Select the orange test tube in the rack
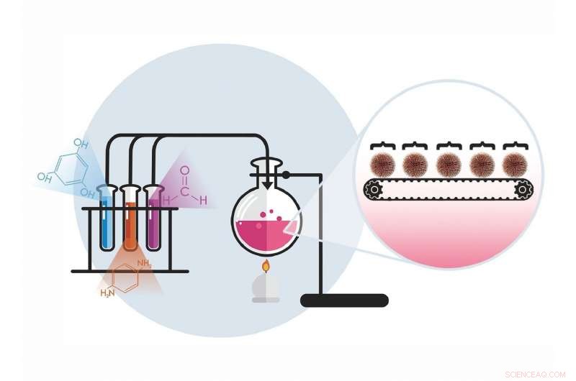point(130,219)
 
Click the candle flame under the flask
point(266,267)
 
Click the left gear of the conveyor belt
point(372,190)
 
